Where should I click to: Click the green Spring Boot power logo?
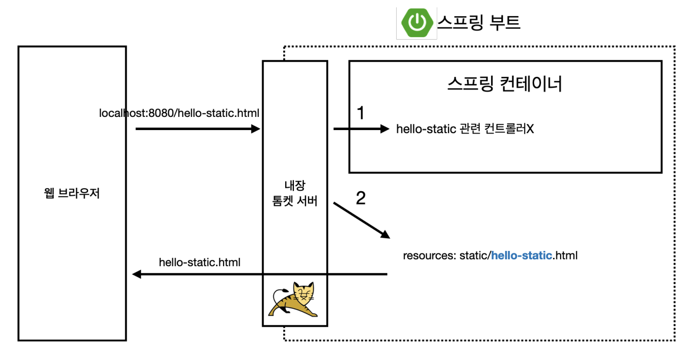click(x=417, y=22)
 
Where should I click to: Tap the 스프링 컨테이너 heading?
click(x=505, y=84)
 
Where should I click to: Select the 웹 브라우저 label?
click(x=72, y=193)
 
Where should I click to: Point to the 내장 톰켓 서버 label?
click(x=295, y=193)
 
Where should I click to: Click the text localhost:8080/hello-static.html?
click(x=179, y=113)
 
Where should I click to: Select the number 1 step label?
click(x=360, y=113)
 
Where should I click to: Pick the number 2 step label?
click(x=360, y=198)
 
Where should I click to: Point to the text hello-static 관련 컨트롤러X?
click(x=465, y=129)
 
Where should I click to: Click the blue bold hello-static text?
click(x=521, y=255)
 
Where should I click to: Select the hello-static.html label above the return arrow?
click(x=200, y=262)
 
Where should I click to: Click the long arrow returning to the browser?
click(x=259, y=274)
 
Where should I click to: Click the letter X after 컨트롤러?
click(x=530, y=129)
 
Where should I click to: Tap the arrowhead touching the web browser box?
click(x=137, y=274)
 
